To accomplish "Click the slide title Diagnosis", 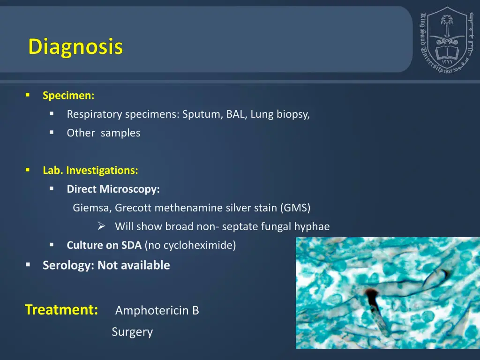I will click(75, 47).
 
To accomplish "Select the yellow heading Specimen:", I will click(68, 96).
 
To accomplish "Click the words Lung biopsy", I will click(279, 114).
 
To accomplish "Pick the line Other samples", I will click(103, 133).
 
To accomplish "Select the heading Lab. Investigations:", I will click(90, 171).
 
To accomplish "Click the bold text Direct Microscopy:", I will click(113, 189).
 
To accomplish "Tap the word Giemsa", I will click(91, 208).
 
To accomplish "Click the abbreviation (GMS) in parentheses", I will click(295, 208).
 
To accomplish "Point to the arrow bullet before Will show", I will click(101, 227).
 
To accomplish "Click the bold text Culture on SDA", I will click(104, 245).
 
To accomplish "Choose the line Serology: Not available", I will click(106, 265).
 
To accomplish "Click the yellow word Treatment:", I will click(61, 310).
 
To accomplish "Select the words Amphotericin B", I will click(157, 311).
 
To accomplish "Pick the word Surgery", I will click(132, 332).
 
